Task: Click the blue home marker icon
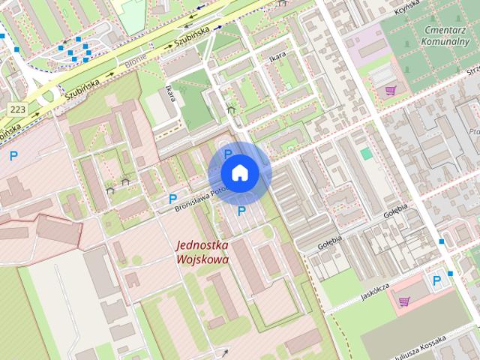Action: click(x=239, y=172)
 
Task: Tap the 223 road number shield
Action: click(x=16, y=109)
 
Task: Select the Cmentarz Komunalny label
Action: click(x=445, y=36)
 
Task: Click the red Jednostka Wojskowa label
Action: click(x=202, y=251)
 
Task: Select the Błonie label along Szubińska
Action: click(x=136, y=65)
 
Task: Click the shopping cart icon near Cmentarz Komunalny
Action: click(x=390, y=91)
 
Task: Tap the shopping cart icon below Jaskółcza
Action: click(x=404, y=301)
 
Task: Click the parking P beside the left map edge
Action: click(x=13, y=156)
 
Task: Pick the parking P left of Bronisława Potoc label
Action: click(x=172, y=199)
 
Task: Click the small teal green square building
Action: click(x=366, y=153)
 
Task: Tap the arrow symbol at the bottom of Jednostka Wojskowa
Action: click(x=225, y=351)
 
